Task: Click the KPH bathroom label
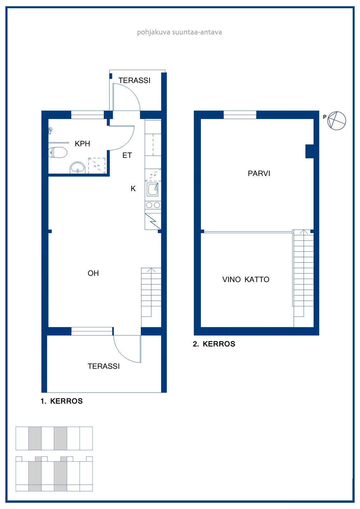point(82,143)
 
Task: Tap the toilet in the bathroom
point(58,152)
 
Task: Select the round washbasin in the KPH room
point(78,168)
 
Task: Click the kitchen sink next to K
point(152,190)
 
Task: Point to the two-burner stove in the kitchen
point(153,205)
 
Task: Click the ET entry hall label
point(127,155)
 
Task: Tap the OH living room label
point(93,273)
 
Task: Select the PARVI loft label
point(259,173)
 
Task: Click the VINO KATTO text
point(246,279)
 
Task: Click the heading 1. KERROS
point(62,401)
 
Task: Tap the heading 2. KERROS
point(214,344)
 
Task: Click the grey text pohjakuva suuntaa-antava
point(180,32)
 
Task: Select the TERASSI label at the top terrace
point(134,80)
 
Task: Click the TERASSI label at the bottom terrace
point(104,366)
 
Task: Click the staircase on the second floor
point(303,278)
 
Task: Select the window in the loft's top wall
point(240,115)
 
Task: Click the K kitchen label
point(133,188)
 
